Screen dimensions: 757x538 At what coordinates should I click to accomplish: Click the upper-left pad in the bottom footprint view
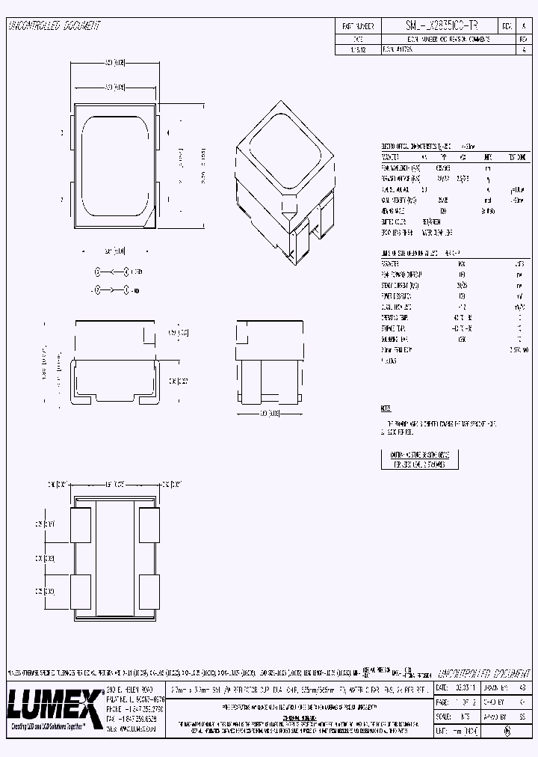[x=80, y=524]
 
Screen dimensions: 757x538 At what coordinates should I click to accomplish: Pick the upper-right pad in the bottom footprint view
[x=149, y=524]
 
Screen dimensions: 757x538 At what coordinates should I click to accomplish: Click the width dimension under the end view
[x=268, y=413]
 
